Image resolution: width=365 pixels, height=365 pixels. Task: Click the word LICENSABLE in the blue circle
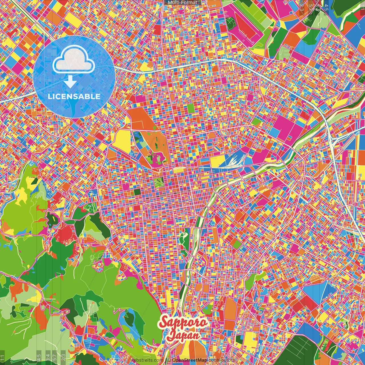[74, 96]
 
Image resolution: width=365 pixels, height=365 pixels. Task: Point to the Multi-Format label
[182, 3]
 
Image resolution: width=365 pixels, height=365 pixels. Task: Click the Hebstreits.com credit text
[147, 360]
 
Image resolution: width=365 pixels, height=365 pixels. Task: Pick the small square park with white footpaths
[158, 182]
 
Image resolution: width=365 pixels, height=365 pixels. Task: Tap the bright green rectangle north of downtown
[190, 108]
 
